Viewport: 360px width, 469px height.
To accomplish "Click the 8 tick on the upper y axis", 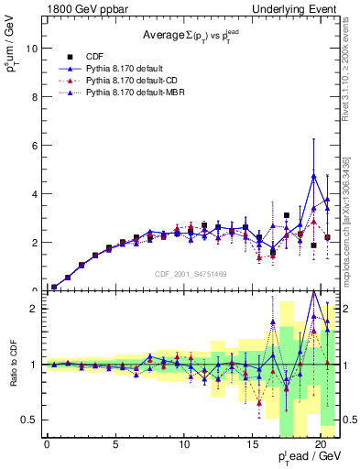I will point(34,97).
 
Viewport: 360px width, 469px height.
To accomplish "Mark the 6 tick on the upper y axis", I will point(34,146).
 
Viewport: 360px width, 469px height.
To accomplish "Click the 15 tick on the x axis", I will point(252,445).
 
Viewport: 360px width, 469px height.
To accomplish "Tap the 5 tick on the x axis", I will point(115,445).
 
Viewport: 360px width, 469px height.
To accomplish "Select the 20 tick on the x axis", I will point(321,445).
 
